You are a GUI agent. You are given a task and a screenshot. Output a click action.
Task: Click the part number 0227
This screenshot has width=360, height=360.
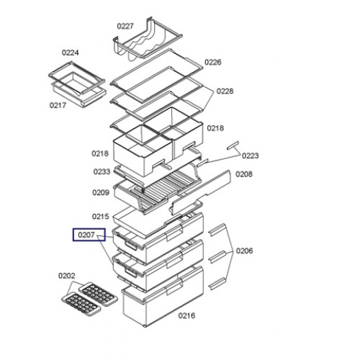[125, 26]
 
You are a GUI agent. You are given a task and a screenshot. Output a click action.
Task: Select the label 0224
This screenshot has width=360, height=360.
[70, 53]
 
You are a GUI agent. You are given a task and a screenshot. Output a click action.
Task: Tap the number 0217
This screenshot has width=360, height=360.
[58, 105]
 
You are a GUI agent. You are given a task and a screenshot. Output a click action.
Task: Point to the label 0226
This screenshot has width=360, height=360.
[213, 63]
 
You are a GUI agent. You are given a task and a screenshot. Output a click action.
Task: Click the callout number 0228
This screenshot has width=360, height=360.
[225, 91]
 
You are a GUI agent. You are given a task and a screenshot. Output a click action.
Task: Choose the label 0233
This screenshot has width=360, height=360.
[102, 172]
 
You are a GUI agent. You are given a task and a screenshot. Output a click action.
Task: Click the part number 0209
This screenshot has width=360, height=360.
[101, 193]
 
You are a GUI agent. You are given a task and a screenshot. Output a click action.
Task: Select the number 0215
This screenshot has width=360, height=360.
[101, 217]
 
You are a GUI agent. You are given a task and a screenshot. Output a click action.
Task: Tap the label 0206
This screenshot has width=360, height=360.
[244, 251]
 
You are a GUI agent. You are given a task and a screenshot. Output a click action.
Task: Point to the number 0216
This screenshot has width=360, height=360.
[186, 316]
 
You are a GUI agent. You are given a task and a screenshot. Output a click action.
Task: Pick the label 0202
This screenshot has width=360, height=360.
[67, 276]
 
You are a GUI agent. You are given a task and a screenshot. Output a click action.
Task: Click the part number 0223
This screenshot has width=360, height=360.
[250, 156]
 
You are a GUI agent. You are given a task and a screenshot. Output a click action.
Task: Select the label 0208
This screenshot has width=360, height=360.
[244, 174]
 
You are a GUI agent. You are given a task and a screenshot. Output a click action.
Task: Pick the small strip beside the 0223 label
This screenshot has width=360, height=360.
[233, 145]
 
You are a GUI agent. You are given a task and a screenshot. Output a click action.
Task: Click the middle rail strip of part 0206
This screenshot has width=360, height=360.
[217, 257]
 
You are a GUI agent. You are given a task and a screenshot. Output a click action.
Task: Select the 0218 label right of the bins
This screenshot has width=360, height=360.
[215, 128]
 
